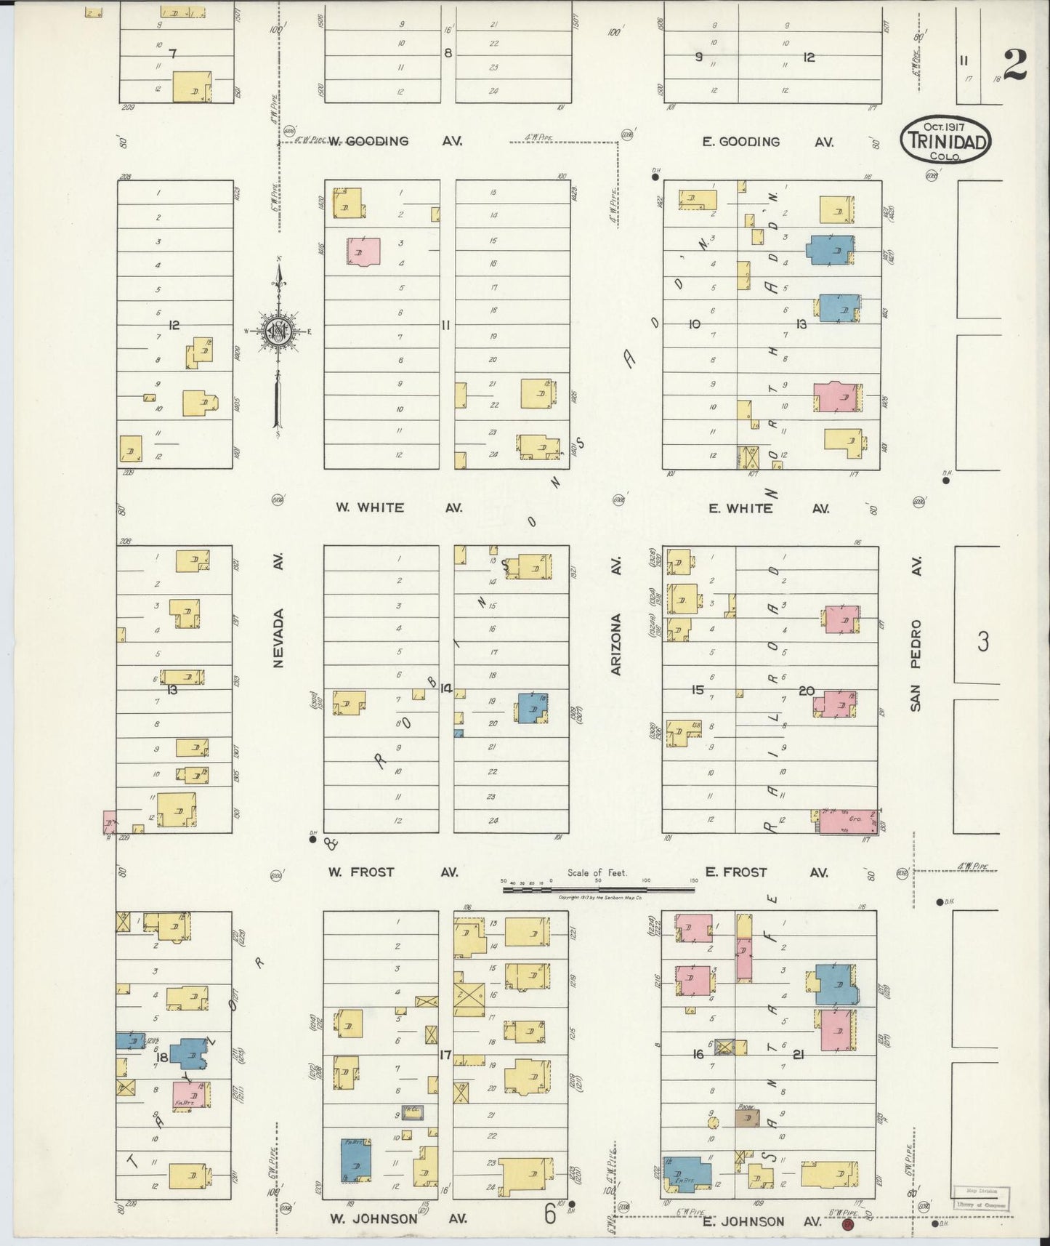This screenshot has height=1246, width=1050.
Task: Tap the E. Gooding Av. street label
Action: pyautogui.click(x=767, y=142)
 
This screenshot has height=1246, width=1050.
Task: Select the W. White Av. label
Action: pyautogui.click(x=398, y=507)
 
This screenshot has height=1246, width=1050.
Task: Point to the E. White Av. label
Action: pyautogui.click(x=768, y=508)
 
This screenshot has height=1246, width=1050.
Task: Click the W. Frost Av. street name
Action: pyautogui.click(x=392, y=872)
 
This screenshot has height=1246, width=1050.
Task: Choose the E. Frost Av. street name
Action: pyautogui.click(x=765, y=872)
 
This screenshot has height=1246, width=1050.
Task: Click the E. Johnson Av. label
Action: pyautogui.click(x=762, y=1221)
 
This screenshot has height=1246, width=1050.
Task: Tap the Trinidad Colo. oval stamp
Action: pyautogui.click(x=945, y=141)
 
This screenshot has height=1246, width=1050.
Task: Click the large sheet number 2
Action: pyautogui.click(x=1016, y=67)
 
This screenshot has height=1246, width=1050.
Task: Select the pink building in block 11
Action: pyautogui.click(x=363, y=251)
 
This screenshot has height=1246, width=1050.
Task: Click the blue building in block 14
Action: pyautogui.click(x=533, y=707)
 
